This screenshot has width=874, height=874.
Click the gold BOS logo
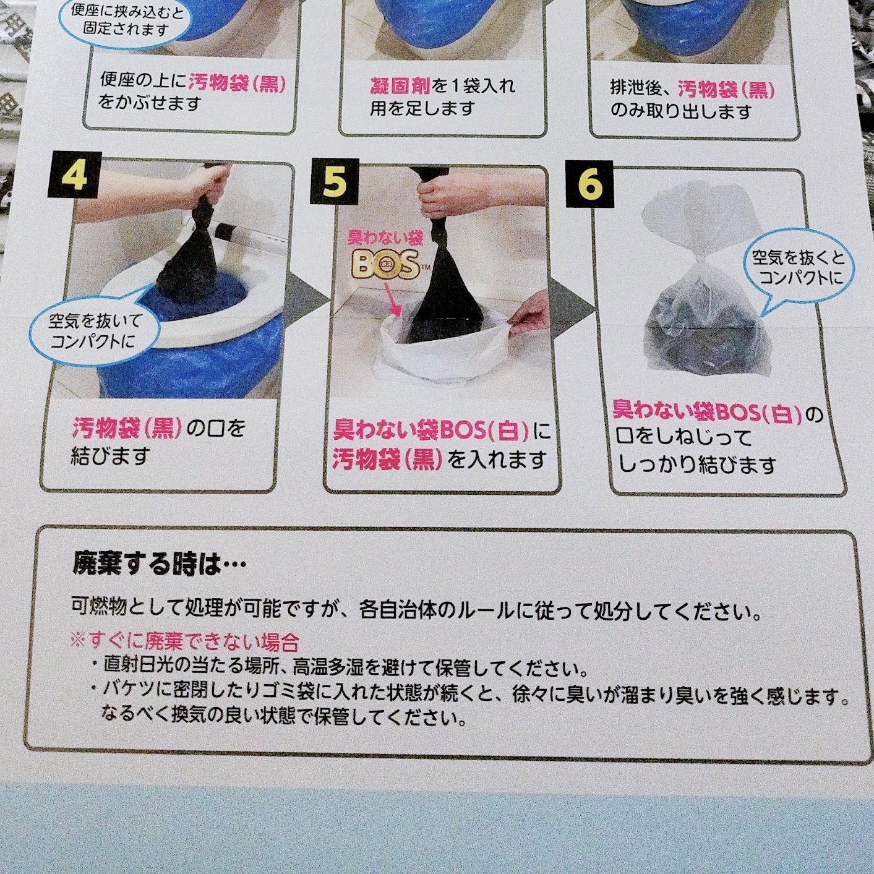[387, 266]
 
